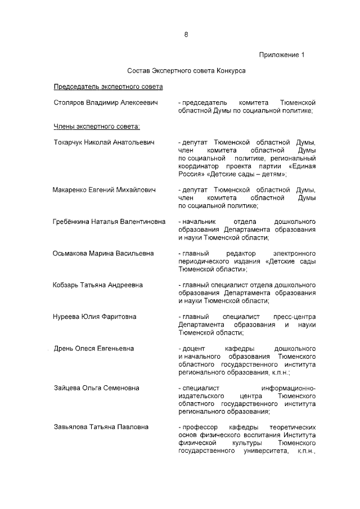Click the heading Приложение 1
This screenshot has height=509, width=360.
(281, 55)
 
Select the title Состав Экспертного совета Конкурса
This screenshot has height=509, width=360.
(186, 71)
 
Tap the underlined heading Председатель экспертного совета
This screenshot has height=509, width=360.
(108, 87)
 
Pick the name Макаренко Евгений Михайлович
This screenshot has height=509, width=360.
(104, 190)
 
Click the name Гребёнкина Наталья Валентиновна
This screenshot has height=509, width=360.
(109, 222)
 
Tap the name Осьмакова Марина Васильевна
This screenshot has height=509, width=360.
(103, 253)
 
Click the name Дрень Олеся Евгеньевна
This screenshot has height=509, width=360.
(93, 349)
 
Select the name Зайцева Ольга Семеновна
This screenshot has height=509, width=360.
(96, 388)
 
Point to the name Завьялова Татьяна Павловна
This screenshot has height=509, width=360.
(101, 427)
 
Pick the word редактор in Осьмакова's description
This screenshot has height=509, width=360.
(240, 253)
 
